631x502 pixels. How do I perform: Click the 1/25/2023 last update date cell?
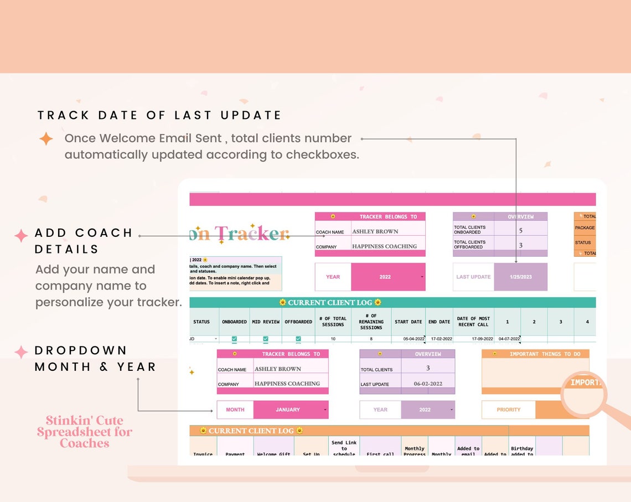click(x=520, y=277)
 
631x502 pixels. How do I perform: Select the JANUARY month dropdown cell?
click(x=288, y=410)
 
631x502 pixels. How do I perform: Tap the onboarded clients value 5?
click(x=520, y=230)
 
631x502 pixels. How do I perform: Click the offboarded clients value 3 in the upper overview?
click(x=520, y=245)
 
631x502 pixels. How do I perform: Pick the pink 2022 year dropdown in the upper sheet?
click(x=386, y=277)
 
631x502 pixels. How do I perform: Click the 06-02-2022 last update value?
click(x=428, y=384)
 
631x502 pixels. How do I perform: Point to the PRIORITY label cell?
click(x=508, y=410)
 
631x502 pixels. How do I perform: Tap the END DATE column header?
click(x=439, y=322)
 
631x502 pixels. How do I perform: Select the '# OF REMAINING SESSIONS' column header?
click(x=371, y=322)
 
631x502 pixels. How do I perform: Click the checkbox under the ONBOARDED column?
click(x=234, y=339)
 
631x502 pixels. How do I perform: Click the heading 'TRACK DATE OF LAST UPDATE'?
click(x=159, y=115)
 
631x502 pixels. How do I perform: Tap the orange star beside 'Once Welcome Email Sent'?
click(x=46, y=138)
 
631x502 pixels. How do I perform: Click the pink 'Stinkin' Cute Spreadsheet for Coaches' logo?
click(x=85, y=432)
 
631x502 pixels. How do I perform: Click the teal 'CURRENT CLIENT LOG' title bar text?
click(x=330, y=303)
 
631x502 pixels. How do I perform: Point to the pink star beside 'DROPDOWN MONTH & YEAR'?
click(x=21, y=351)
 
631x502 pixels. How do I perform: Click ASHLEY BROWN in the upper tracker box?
click(x=375, y=231)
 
